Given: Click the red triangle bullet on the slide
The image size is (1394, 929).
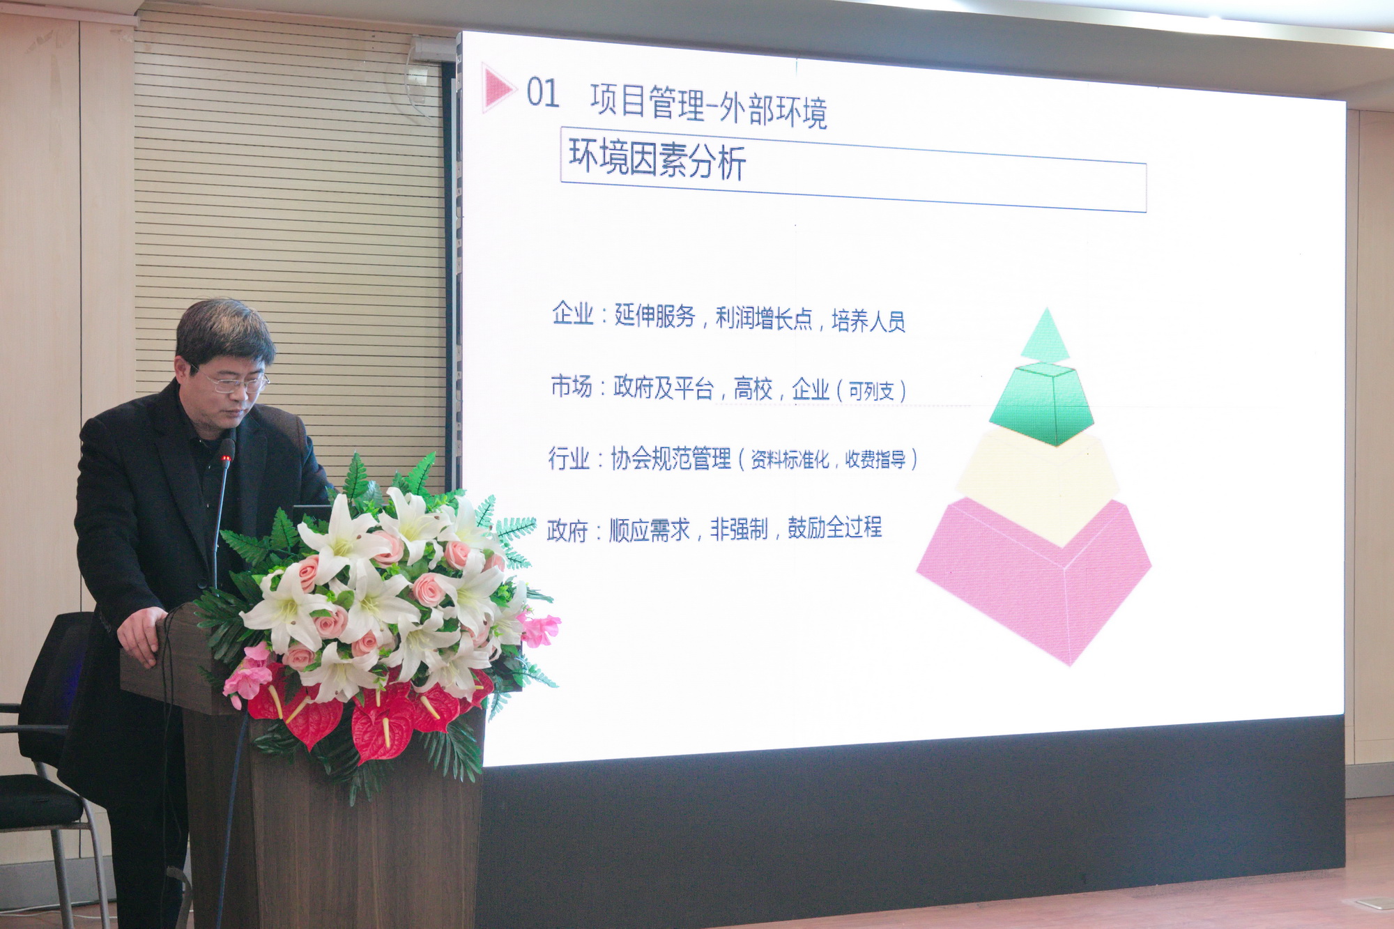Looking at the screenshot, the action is [496, 88].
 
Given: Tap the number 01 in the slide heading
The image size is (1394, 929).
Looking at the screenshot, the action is [542, 93].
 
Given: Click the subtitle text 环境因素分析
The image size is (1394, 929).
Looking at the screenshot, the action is [657, 158].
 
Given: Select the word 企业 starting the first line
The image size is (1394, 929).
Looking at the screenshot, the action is [572, 314].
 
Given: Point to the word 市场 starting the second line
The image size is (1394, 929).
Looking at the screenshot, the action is [571, 386].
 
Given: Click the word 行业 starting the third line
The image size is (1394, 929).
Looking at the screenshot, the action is [569, 459].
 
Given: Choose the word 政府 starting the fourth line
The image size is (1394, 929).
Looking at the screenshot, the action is [567, 531].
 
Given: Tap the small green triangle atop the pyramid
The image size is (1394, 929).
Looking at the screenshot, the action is [1045, 337].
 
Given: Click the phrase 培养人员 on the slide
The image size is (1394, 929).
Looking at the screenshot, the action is [868, 321].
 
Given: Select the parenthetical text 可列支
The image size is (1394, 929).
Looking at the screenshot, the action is [871, 391].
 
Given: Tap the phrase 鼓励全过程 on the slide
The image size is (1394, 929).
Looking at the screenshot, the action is [835, 528].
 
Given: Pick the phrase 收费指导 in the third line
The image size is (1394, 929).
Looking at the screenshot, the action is [875, 459].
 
